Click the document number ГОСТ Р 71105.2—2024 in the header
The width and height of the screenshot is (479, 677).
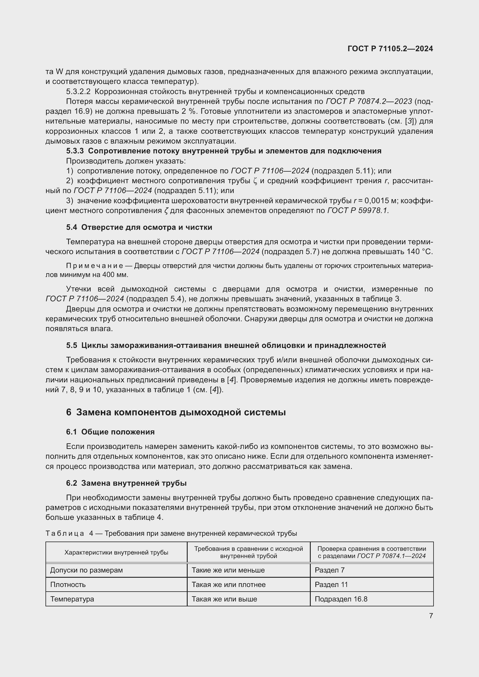pyautogui.click(x=390, y=49)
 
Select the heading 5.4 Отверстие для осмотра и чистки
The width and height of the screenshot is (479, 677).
pyautogui.click(x=139, y=227)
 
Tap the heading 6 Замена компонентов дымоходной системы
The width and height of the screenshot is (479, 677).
pyautogui.click(x=176, y=412)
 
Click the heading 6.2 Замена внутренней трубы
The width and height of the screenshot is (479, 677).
pyautogui.click(x=126, y=483)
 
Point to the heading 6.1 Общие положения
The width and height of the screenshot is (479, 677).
pyautogui.click(x=110, y=432)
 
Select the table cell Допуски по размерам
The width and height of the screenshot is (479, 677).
pyautogui.click(x=86, y=570)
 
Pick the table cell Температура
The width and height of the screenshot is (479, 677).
pyautogui.click(x=72, y=599)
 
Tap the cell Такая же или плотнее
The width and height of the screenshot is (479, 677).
pyautogui.click(x=228, y=584)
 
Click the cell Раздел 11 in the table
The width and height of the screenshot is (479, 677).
pyautogui.click(x=331, y=584)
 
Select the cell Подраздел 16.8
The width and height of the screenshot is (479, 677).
pyautogui.click(x=341, y=599)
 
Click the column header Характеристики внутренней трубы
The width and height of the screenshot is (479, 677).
pyautogui.click(x=116, y=552)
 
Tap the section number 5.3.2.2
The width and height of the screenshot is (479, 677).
pyautogui.click(x=78, y=92)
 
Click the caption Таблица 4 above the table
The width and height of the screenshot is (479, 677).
pyautogui.click(x=69, y=533)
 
